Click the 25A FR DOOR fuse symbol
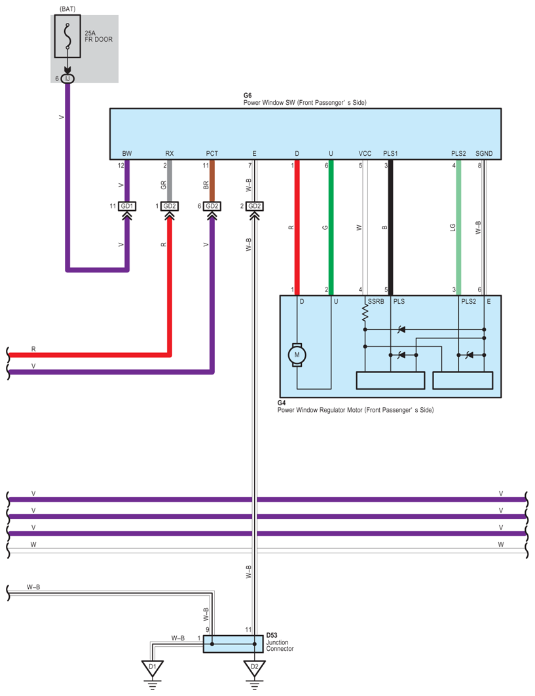(67, 37)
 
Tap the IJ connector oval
(67, 79)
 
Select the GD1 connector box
(127, 206)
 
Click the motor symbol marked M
(297, 355)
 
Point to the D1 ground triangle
(153, 668)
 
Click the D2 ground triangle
(254, 668)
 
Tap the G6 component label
(248, 96)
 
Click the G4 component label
(282, 403)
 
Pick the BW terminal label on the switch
(127, 154)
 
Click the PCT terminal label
(212, 154)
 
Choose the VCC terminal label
(365, 154)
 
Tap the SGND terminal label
(484, 154)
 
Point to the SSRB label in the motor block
(376, 301)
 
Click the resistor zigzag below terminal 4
(365, 312)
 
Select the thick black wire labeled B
(391, 227)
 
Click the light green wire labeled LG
(458, 227)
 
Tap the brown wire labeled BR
(212, 181)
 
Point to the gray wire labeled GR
(170, 181)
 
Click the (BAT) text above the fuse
(67, 9)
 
